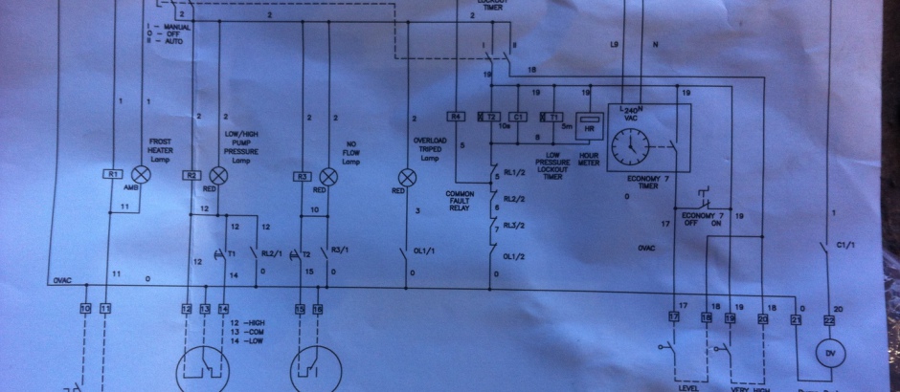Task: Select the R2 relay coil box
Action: pyautogui.click(x=192, y=175)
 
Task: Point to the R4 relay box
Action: pyautogui.click(x=457, y=117)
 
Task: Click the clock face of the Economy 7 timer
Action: pyautogui.click(x=629, y=146)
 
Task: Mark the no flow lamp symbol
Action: pyautogui.click(x=327, y=175)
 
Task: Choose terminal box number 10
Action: pyautogui.click(x=84, y=308)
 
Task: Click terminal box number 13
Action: pyautogui.click(x=205, y=308)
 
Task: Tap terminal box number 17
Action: pyautogui.click(x=674, y=316)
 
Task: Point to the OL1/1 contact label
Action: pyautogui.click(x=422, y=252)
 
